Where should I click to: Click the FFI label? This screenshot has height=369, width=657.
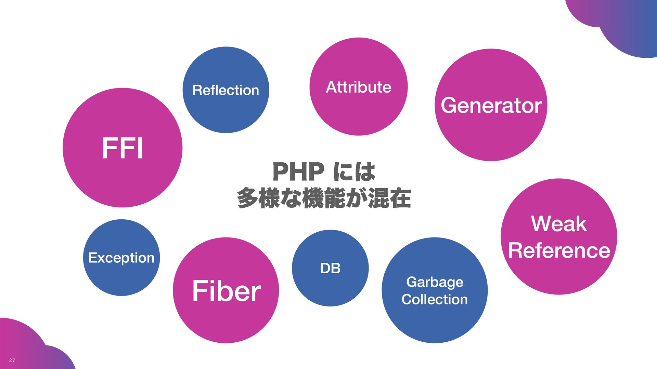point(123,148)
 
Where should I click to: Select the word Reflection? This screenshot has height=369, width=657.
point(226,90)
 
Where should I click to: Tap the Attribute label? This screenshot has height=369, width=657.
point(358,87)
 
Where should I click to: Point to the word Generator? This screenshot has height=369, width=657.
point(491,105)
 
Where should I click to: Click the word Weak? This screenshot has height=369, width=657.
point(559,224)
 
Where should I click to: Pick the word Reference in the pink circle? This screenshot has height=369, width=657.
point(559,250)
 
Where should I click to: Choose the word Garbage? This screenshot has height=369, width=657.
point(435,282)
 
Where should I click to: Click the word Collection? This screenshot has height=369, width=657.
point(435,300)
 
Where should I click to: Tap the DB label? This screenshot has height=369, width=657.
point(330,269)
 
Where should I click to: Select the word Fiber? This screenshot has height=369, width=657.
point(226,291)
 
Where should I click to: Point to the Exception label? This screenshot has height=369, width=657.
point(121,258)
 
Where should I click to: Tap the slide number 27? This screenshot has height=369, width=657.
point(12,360)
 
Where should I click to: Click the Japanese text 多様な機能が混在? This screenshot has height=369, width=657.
point(324,198)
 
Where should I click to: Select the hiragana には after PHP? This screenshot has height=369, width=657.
point(355,172)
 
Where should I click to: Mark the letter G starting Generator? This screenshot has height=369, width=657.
point(449,105)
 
